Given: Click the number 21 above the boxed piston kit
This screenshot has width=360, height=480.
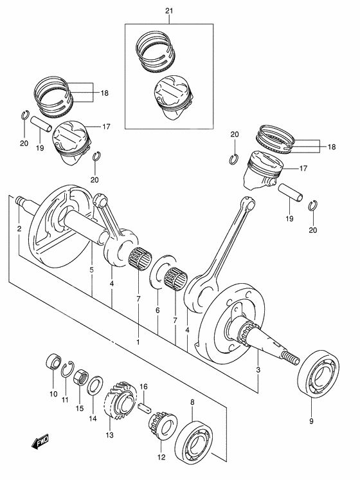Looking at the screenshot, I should [169, 12].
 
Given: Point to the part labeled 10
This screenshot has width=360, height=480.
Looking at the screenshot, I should [52, 362].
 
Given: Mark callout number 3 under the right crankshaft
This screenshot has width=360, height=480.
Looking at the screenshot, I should [258, 370].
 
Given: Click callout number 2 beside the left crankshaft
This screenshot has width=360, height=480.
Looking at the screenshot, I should [19, 228].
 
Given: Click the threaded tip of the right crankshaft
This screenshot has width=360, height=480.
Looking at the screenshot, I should [292, 357].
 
